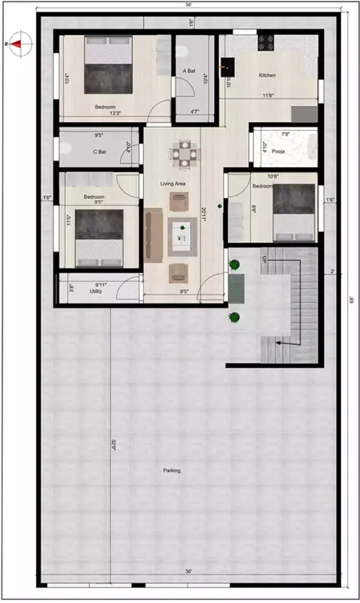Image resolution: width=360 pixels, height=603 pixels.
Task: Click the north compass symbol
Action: point(16,46)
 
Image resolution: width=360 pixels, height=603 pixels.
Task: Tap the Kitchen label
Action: point(267,75)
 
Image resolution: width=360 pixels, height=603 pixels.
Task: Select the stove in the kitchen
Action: point(267,39)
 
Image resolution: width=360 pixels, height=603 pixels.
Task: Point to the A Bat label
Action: point(189,71)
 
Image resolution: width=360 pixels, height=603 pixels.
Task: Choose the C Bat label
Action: point(100,151)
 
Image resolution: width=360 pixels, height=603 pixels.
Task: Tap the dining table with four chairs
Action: point(183,153)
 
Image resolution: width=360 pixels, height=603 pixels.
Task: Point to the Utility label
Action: point(96,290)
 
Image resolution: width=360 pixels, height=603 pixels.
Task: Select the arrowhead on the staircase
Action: point(278,344)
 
